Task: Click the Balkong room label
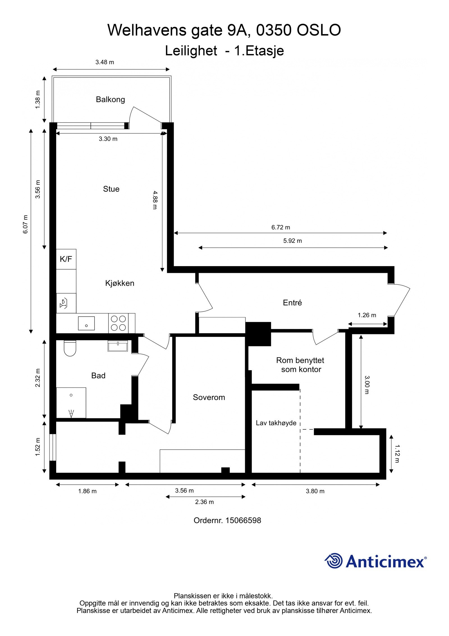110,99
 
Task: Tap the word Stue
111,189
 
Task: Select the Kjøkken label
120,283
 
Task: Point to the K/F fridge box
66,259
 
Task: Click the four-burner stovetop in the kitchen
118,323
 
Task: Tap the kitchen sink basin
86,323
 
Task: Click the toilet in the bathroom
70,348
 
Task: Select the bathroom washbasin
118,346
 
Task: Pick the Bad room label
98,375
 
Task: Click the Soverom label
209,397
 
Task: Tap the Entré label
292,302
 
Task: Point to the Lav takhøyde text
276,423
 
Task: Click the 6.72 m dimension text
281,227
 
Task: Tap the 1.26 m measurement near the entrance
367,315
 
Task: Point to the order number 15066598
243,520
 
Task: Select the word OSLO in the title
319,30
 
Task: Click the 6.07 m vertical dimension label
26,224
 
